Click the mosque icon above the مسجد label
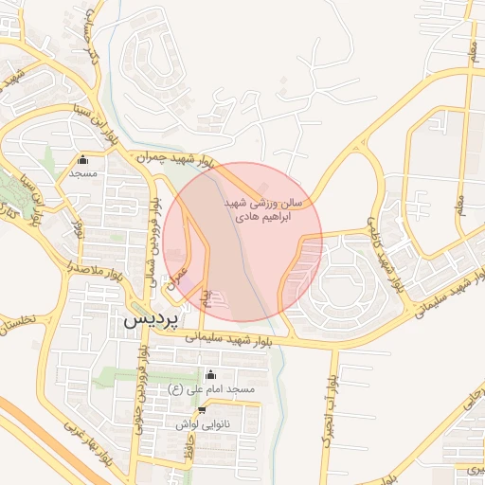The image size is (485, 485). pyautogui.click(x=83, y=159)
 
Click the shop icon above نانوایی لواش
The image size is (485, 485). pyautogui.click(x=202, y=410)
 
